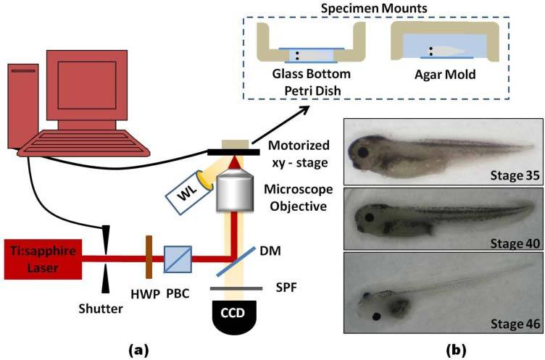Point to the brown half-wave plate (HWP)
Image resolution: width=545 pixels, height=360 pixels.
pos(148,256)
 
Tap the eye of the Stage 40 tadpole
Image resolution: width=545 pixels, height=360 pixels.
pos(370,217)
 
